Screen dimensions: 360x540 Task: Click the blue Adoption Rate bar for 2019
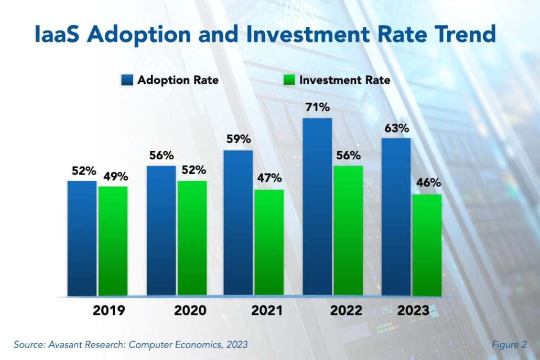point(82,238)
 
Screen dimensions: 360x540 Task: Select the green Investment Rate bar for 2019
point(113,241)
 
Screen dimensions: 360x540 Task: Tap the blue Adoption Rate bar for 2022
point(317,207)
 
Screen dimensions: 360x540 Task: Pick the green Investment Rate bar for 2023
point(426,245)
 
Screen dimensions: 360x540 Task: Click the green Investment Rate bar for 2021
point(269,243)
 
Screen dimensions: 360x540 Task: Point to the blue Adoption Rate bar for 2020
point(161,231)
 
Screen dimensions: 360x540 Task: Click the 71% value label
point(318,108)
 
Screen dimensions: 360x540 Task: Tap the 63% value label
point(396,128)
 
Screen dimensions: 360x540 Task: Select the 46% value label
point(427,184)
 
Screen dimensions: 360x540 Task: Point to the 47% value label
point(269,179)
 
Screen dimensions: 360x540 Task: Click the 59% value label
point(239,140)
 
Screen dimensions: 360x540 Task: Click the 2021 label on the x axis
point(266,310)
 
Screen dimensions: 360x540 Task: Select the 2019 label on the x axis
point(109,310)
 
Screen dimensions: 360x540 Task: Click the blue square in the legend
point(127,80)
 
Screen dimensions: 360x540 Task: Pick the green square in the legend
point(290,80)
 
